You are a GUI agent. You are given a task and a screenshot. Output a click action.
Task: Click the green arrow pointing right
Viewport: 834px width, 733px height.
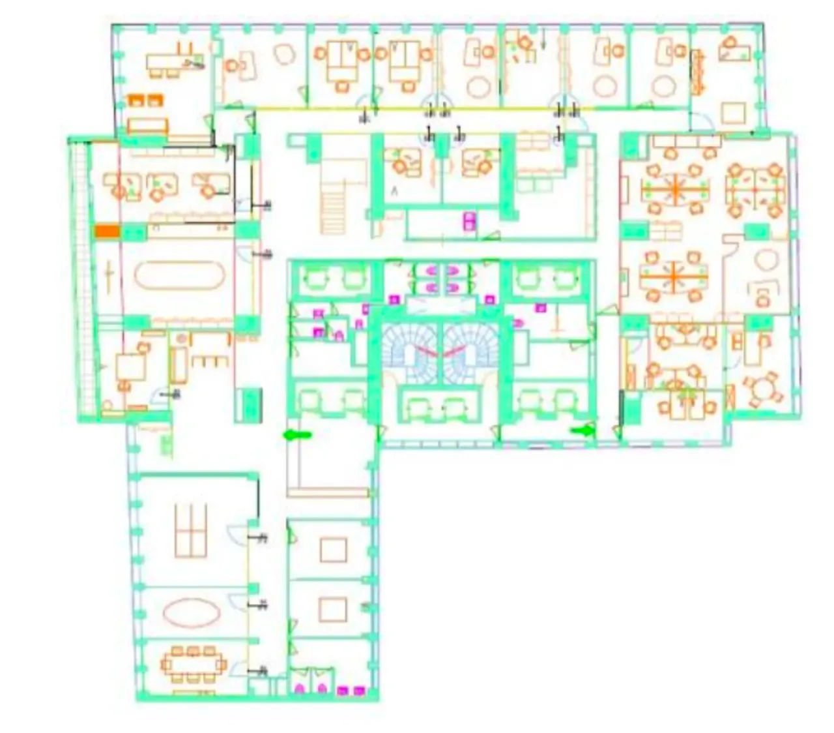[584, 430]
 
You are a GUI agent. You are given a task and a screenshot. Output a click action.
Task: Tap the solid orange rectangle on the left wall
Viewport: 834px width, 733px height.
[108, 230]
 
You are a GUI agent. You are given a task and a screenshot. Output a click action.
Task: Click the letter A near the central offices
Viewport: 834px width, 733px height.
[394, 190]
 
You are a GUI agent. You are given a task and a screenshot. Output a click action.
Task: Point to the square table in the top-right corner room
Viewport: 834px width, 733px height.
[735, 113]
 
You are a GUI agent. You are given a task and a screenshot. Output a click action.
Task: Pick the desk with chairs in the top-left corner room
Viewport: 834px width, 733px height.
[167, 63]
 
